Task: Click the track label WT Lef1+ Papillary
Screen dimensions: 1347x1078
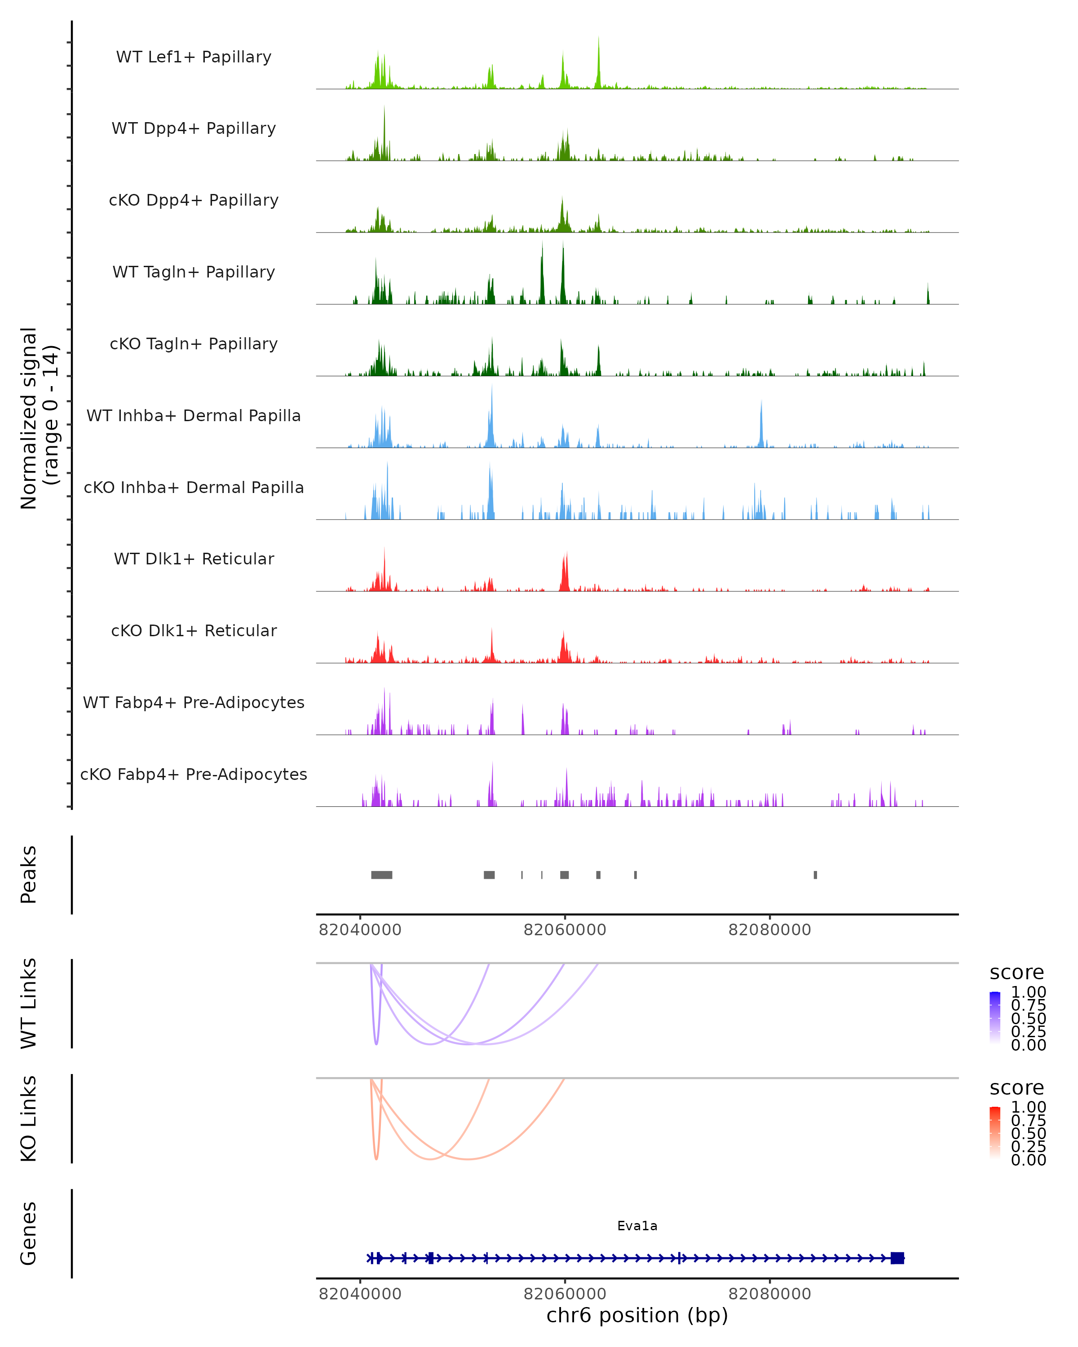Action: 194,57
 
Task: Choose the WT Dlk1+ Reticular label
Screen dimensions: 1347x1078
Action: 194,559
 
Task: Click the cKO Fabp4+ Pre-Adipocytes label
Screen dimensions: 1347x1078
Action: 194,775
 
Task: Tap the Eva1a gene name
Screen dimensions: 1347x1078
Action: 637,1226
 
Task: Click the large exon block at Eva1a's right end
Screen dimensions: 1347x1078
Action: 897,1258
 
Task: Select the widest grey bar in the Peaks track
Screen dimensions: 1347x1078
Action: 382,875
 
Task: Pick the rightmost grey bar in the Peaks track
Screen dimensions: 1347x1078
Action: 816,875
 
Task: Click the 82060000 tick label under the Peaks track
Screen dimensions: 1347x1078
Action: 565,930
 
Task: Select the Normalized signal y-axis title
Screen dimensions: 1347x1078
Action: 39,418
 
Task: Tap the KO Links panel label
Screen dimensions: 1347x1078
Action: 29,1118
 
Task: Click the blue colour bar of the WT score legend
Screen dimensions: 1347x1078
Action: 995,1017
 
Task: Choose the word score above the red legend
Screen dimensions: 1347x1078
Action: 1017,1088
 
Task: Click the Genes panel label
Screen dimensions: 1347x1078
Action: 29,1233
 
